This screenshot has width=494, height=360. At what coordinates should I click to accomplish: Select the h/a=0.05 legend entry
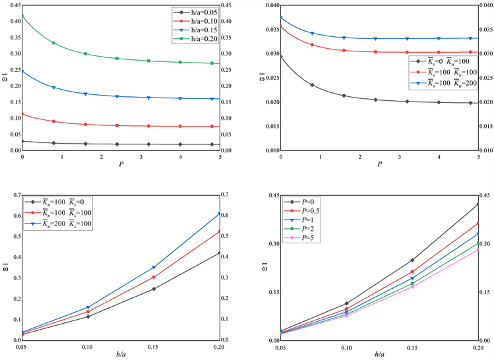click(x=199, y=11)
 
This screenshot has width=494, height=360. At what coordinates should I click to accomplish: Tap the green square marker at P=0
click(x=22, y=16)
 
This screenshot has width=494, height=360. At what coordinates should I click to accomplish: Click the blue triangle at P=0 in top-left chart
click(x=22, y=71)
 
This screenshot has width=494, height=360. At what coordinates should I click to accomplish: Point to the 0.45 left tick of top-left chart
click(x=13, y=7)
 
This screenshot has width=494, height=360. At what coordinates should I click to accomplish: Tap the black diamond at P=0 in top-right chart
click(x=281, y=57)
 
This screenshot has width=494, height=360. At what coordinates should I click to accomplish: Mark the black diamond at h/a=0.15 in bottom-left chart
click(x=154, y=289)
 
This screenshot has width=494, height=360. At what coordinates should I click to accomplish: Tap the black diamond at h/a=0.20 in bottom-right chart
click(x=478, y=204)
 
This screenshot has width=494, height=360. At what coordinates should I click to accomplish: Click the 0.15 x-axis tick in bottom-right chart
click(x=412, y=346)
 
